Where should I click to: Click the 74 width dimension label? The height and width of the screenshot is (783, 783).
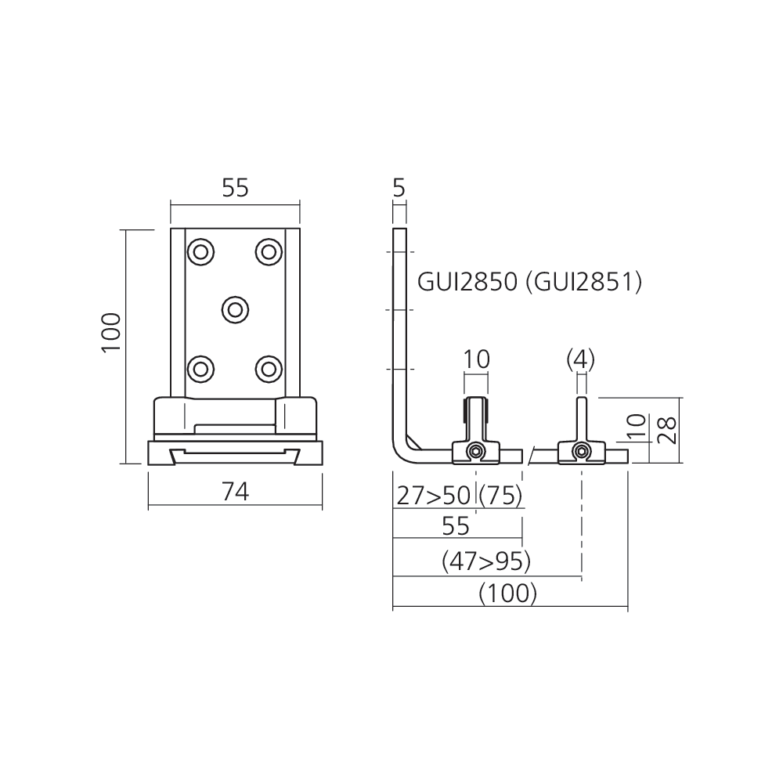(x=234, y=492)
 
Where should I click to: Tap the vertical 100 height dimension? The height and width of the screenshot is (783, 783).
(x=111, y=332)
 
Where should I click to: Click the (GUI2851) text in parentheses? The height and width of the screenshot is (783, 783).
(x=584, y=281)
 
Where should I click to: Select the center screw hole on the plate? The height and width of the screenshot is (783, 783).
(x=234, y=309)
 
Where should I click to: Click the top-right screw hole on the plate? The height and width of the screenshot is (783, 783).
(x=269, y=251)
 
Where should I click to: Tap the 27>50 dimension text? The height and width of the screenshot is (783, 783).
(x=433, y=495)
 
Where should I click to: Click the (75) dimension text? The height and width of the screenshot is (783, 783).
(x=500, y=495)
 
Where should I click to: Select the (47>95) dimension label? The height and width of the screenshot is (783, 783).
(x=486, y=561)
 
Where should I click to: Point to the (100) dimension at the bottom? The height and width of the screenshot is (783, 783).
(x=508, y=593)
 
